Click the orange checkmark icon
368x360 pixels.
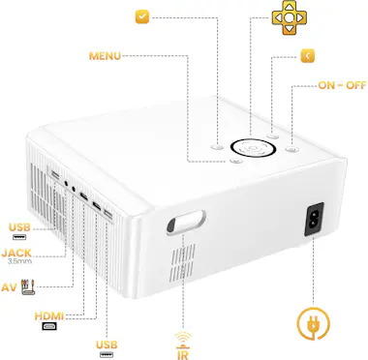point(142,17)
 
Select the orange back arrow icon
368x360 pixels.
point(307,55)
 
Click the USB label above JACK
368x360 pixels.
point(19,227)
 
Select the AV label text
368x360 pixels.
point(10,287)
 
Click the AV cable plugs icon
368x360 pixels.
point(27,286)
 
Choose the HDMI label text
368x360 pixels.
point(49,315)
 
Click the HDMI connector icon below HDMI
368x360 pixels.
point(48,327)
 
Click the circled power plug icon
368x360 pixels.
point(313,324)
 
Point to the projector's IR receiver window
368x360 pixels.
point(187,225)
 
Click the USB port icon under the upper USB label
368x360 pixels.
point(19,238)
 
